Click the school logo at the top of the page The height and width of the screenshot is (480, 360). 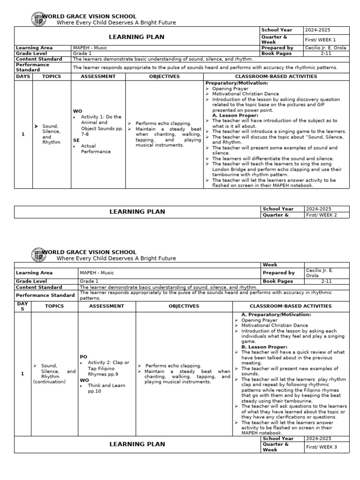coord(38,19)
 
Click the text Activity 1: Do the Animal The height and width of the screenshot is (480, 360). coord(101,120)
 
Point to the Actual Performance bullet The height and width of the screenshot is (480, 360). coord(96,149)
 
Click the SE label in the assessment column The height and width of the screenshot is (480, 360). coord(76,140)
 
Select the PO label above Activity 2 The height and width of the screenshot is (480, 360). coord(83,357)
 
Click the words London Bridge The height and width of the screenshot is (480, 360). coord(228,169)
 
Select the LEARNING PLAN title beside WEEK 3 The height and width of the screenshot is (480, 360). coord(137,444)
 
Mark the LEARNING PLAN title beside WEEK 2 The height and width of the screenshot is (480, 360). coord(137,212)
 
